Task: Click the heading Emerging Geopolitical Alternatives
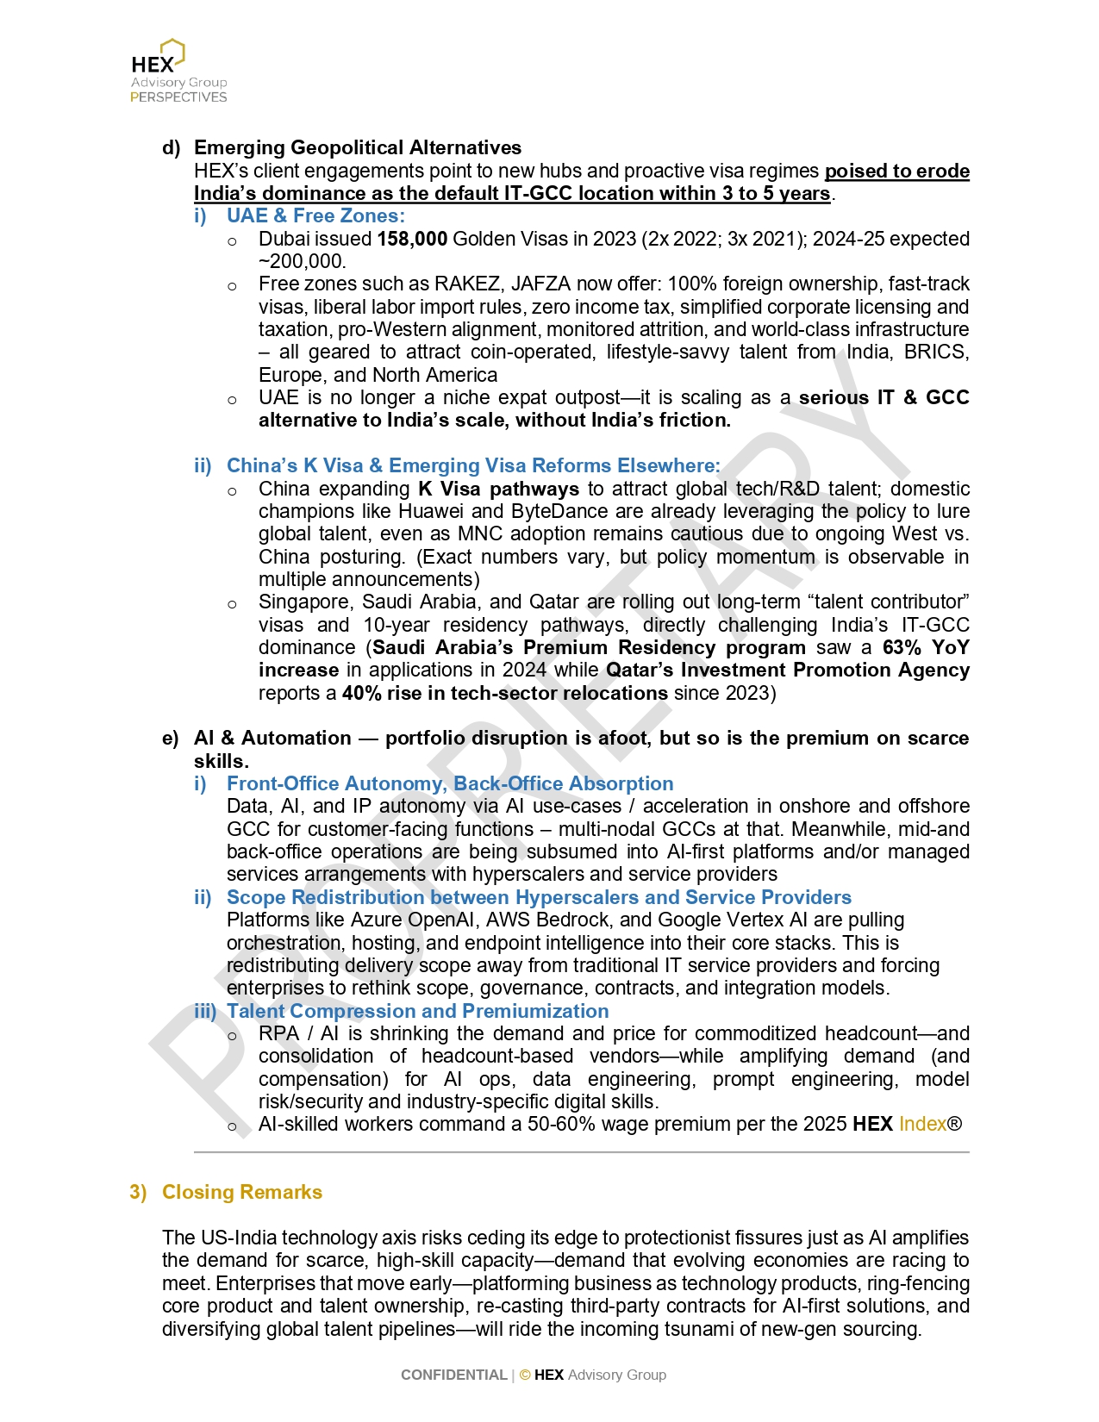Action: (x=357, y=147)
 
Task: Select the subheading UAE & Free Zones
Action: (x=315, y=215)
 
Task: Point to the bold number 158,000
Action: (x=412, y=239)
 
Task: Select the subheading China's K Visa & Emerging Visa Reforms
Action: (x=472, y=465)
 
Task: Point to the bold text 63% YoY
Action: (x=926, y=647)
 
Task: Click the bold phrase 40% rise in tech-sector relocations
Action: (x=504, y=693)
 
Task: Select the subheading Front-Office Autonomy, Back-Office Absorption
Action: (x=449, y=783)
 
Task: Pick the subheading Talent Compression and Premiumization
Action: (x=417, y=1011)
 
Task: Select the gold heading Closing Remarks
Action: (x=241, y=1192)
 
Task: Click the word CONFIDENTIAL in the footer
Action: (x=453, y=1375)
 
